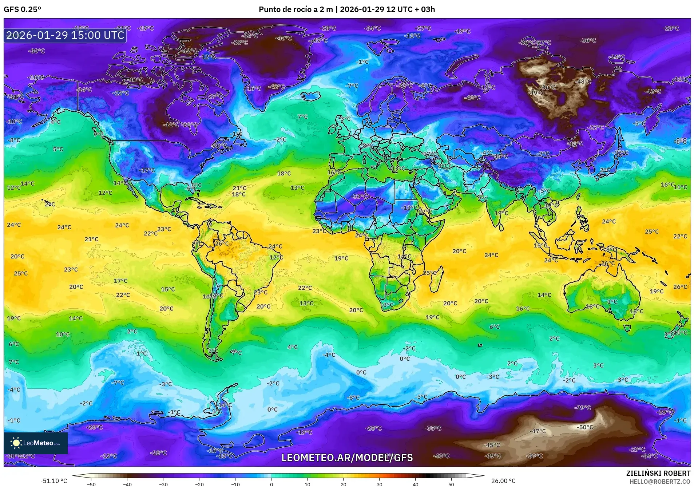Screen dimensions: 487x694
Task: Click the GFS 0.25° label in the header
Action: [22, 9]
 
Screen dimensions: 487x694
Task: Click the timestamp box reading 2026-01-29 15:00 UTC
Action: [65, 35]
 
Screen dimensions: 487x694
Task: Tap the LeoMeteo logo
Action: [36, 443]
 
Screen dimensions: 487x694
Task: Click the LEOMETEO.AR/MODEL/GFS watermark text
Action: [347, 458]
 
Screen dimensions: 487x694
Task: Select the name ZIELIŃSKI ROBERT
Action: [658, 473]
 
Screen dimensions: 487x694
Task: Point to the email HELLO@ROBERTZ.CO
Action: [659, 482]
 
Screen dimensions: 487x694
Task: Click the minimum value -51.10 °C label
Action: [54, 481]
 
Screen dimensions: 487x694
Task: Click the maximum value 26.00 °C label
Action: [503, 481]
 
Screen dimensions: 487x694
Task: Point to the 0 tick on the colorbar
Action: [271, 484]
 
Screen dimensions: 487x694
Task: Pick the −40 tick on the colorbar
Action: [127, 484]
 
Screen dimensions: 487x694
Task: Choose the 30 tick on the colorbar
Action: [379, 484]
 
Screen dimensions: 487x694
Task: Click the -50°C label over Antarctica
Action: [585, 427]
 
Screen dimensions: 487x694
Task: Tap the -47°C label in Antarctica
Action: [538, 431]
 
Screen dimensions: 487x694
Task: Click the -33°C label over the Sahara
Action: [359, 196]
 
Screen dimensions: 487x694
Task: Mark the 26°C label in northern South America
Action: [222, 243]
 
